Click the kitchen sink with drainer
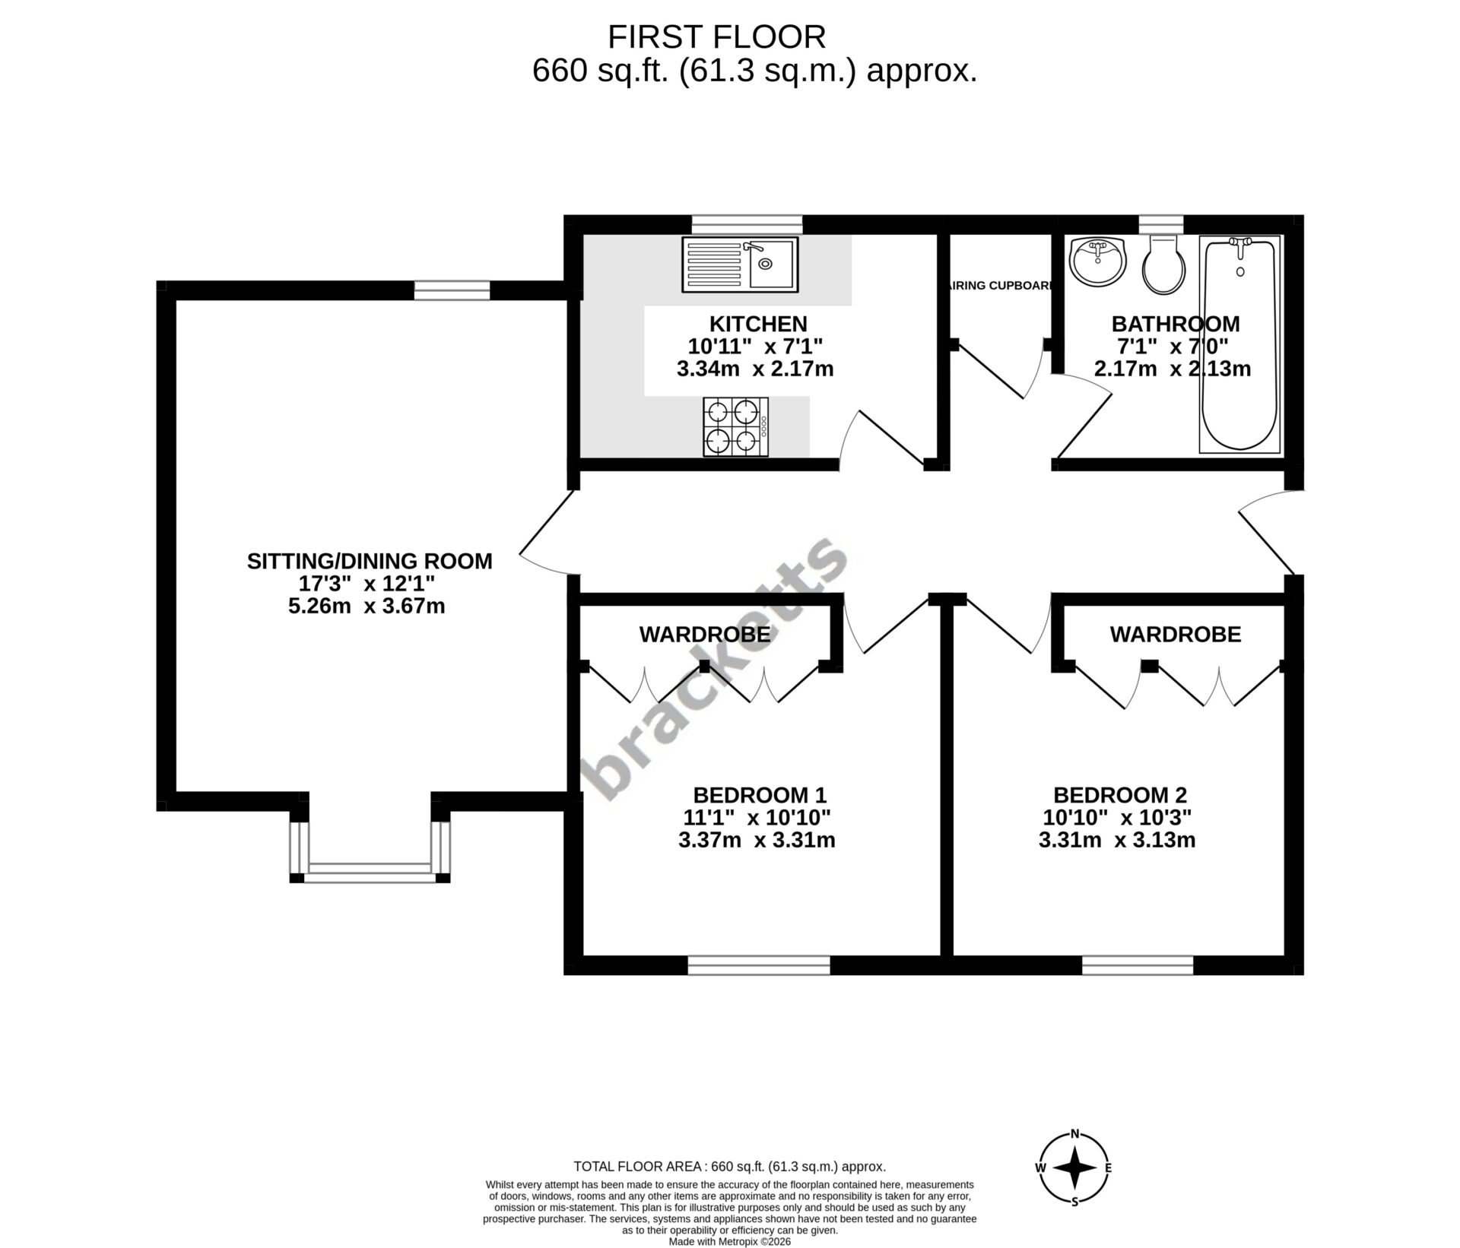tap(740, 264)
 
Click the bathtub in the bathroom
tap(1239, 345)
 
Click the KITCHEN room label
tap(758, 324)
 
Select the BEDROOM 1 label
tap(759, 795)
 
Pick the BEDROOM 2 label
tap(1119, 795)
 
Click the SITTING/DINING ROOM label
tap(370, 561)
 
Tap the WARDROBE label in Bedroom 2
tap(1176, 634)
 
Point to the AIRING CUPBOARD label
tap(999, 286)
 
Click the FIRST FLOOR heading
tap(716, 36)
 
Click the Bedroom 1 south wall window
tap(759, 965)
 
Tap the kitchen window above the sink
tap(747, 225)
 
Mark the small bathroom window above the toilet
tap(1161, 225)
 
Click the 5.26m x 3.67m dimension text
tap(367, 607)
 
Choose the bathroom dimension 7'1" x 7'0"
tap(1172, 347)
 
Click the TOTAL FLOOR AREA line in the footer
tap(729, 1167)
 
